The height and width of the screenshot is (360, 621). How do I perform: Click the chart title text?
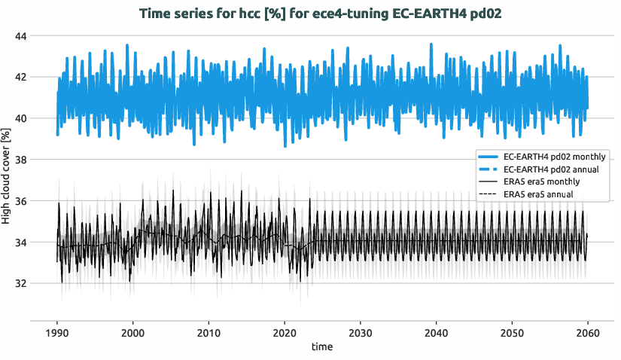click(x=309, y=13)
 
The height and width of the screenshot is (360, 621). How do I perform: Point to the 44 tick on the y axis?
click(x=20, y=36)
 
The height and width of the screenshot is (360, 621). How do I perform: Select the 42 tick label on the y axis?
click(x=20, y=77)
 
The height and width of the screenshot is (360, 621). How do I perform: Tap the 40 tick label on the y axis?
click(x=20, y=118)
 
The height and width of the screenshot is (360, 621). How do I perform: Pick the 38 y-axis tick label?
click(x=20, y=160)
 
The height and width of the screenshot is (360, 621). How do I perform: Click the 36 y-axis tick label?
click(x=20, y=201)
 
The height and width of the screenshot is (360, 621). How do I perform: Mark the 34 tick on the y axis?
click(x=20, y=243)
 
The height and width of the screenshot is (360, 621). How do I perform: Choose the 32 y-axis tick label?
click(x=20, y=283)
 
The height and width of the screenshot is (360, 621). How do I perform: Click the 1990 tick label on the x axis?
click(x=57, y=333)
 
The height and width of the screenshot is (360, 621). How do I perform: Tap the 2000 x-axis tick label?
click(x=133, y=333)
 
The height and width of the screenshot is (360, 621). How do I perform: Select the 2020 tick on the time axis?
click(x=285, y=333)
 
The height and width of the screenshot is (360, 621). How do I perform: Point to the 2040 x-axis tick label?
click(x=436, y=333)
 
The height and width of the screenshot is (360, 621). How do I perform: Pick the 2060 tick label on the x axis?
click(x=587, y=333)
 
